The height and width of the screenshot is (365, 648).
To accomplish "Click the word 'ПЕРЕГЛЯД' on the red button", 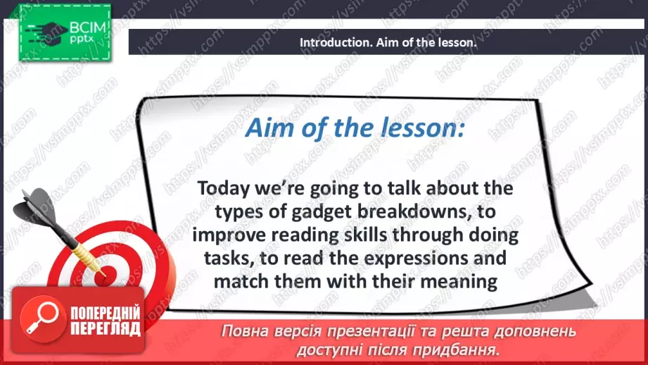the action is pos(106,329).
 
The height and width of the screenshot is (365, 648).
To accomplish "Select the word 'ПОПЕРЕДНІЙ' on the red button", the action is pos(106,314).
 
